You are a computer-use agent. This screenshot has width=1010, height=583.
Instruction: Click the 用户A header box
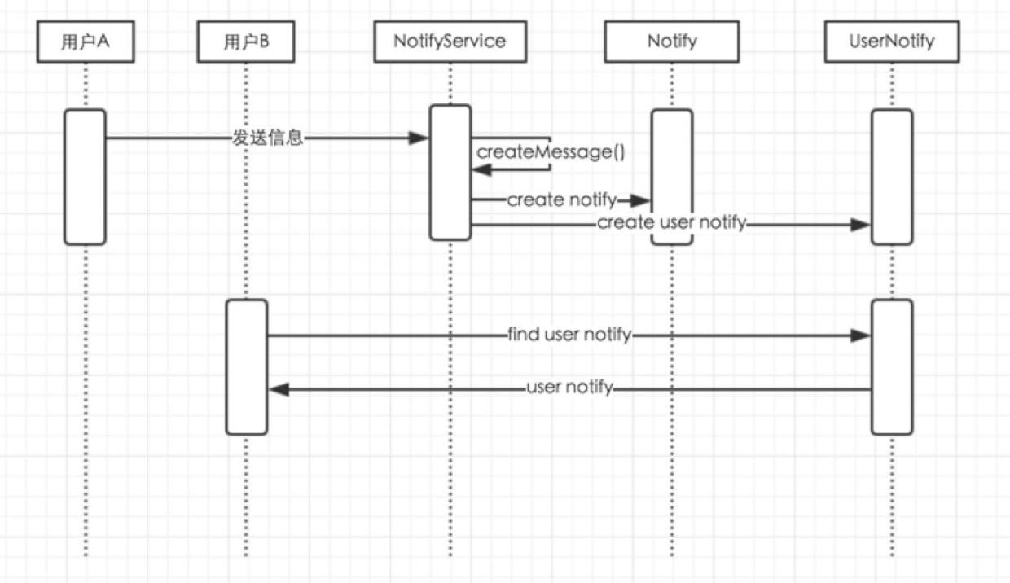coord(85,42)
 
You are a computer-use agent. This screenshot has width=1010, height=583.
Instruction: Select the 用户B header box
coord(245,42)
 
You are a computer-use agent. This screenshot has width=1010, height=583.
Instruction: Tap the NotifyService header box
coord(450,42)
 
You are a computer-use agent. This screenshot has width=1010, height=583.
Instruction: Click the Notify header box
coord(672,42)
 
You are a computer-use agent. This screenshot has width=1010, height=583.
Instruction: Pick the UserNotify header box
coord(891,42)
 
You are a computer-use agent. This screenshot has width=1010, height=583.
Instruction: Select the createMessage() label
coord(551,152)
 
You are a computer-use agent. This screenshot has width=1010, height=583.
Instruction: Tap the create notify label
coord(562,200)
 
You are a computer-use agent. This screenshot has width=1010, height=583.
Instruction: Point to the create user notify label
coord(672,223)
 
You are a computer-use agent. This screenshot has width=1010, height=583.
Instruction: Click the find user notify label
coord(569,335)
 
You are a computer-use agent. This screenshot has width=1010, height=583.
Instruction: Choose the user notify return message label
coord(569,388)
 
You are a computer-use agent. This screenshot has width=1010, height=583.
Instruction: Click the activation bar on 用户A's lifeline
coord(85,177)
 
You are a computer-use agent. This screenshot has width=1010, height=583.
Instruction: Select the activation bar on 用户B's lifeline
coord(246,366)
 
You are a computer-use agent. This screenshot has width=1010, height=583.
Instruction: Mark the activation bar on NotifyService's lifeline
coord(450,173)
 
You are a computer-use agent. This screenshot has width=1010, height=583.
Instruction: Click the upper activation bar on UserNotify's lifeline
coord(891,177)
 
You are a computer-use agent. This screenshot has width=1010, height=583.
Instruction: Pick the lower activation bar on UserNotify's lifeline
coord(891,366)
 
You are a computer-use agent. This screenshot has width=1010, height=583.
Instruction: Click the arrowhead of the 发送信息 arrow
coord(419,138)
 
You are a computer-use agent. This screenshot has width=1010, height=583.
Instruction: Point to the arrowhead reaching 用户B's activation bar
coord(279,390)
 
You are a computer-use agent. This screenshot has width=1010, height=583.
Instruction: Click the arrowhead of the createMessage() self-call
coord(481,169)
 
